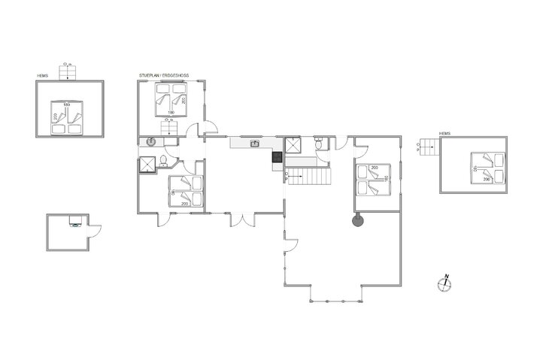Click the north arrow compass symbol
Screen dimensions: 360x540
(443, 283)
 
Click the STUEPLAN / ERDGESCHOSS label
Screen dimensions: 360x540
(164, 75)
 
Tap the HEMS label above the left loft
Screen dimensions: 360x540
(43, 75)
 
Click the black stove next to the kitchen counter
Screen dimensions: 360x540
(277, 157)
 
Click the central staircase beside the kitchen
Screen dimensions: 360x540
(309, 177)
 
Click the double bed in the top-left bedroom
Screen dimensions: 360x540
(171, 101)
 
